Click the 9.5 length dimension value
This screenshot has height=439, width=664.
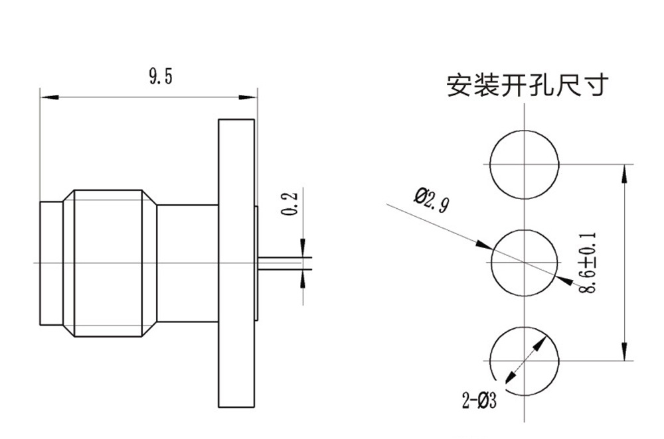tap(160, 78)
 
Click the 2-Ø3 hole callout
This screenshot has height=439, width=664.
tap(479, 401)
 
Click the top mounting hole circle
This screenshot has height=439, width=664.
tap(525, 164)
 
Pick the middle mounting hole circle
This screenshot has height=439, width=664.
tap(525, 263)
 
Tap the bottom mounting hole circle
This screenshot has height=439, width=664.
tap(525, 361)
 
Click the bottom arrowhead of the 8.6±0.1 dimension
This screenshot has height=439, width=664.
tap(623, 353)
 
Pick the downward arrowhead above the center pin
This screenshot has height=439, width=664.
tap(303, 249)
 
